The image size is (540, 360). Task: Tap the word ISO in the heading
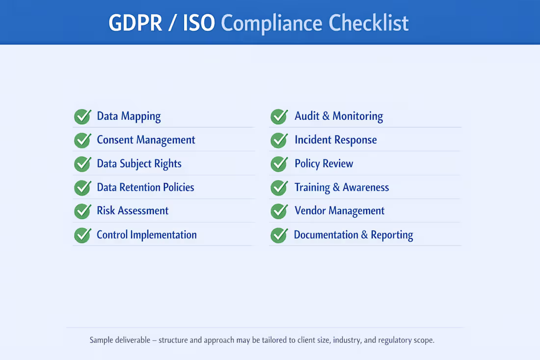tap(199, 23)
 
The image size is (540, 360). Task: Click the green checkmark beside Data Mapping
tap(82, 116)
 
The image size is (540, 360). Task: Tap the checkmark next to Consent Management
tap(82, 140)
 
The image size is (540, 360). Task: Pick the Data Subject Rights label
tap(139, 164)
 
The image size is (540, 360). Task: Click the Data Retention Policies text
tap(145, 188)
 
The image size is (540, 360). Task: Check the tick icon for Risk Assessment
tap(82, 211)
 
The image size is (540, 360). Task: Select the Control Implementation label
tap(146, 235)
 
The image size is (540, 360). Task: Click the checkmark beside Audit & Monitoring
tap(279, 116)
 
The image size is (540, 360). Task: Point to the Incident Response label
tap(335, 140)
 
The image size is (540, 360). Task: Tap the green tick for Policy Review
tap(279, 164)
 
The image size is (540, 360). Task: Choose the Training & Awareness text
tap(341, 188)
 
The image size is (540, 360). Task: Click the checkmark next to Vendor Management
tap(279, 211)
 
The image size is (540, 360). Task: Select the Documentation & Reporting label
tap(353, 235)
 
